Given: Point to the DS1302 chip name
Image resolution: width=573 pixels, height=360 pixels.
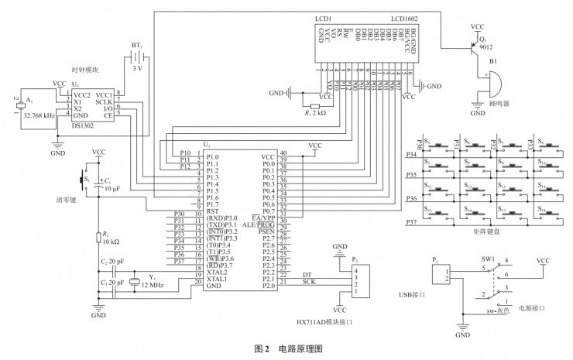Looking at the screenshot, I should (84, 125).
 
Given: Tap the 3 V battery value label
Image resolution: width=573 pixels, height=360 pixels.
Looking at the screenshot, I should (138, 68).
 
